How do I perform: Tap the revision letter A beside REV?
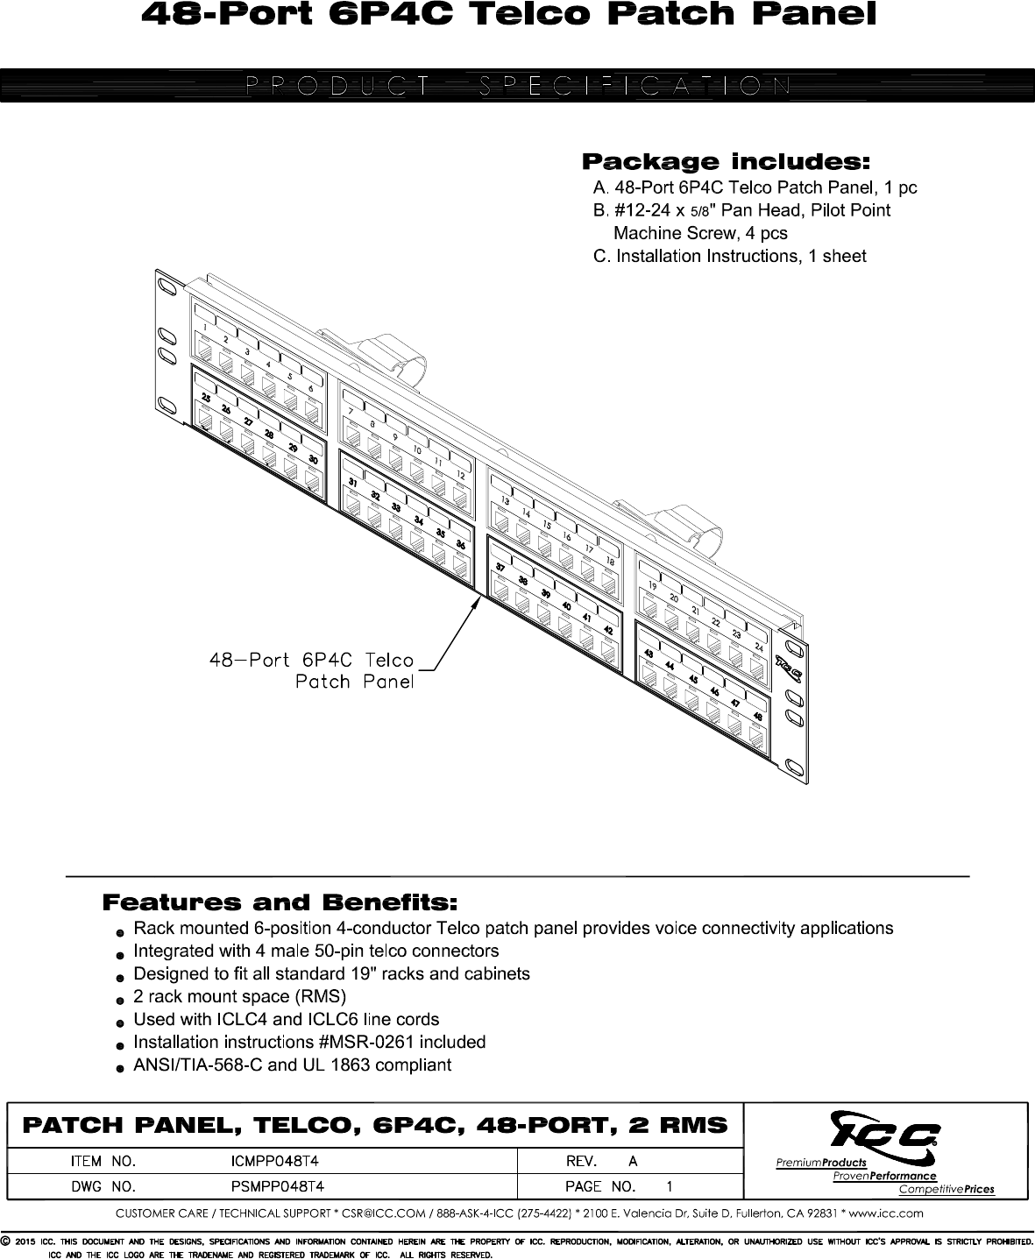[x=633, y=1162]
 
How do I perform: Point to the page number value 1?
[x=670, y=1187]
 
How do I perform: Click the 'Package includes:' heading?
[x=727, y=162]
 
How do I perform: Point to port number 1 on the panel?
[x=204, y=329]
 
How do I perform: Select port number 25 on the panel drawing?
[x=205, y=399]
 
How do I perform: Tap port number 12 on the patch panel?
[x=460, y=474]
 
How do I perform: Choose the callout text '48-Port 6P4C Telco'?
[x=311, y=660]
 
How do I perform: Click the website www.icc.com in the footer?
[x=888, y=1213]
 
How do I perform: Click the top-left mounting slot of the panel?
[x=165, y=286]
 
